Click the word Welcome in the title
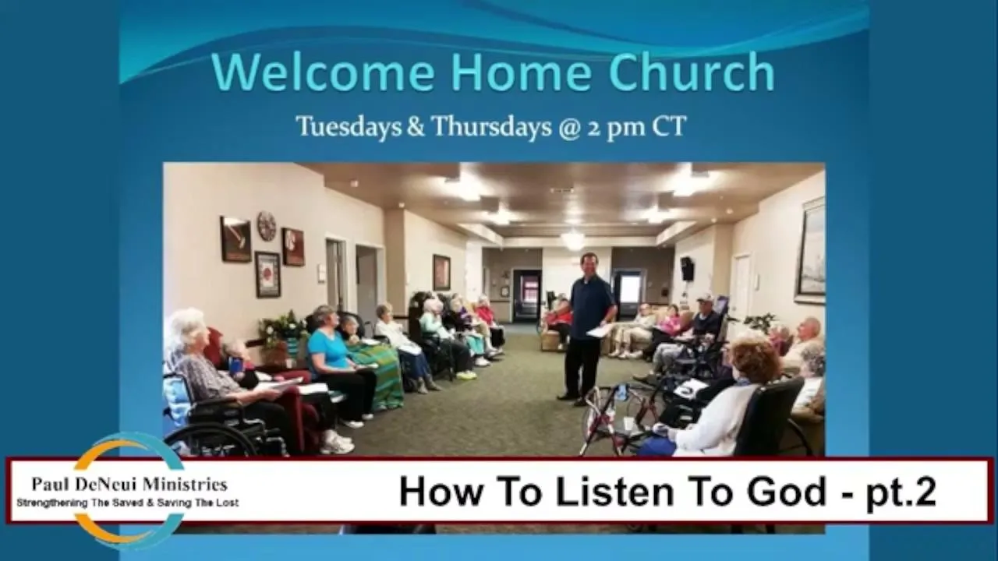[323, 72]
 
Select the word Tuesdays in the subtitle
[349, 126]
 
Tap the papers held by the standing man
[600, 330]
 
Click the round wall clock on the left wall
[267, 226]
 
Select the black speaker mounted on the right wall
[688, 269]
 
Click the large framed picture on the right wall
[811, 252]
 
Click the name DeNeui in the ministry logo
[104, 485]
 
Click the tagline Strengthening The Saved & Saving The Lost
[127, 503]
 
